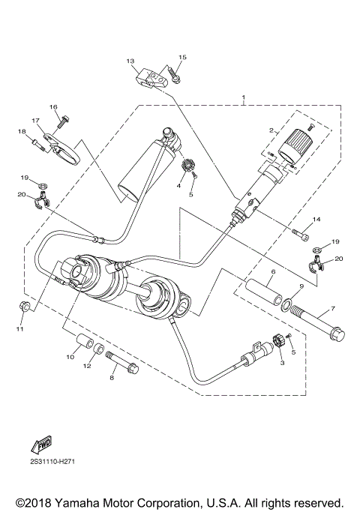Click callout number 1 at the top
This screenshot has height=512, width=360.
244,98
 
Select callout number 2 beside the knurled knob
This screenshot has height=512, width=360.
272,130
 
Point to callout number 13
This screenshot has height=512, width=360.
130,61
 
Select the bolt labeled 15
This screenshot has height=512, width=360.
174,75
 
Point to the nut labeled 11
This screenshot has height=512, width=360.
22,307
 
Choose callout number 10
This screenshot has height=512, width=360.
70,357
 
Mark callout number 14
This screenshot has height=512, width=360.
316,219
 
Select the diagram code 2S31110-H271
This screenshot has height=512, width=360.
52,461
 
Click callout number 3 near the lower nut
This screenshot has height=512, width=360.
281,362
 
